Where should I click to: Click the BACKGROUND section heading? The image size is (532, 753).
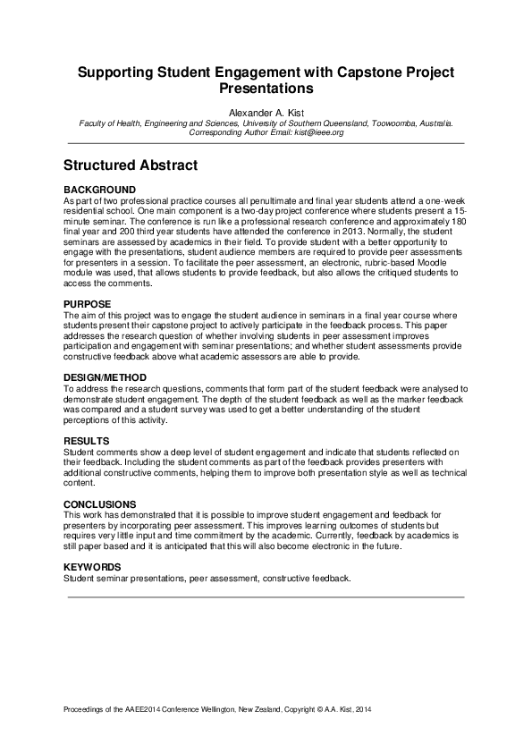tap(100, 190)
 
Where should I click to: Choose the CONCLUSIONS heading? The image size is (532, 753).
tap(100, 504)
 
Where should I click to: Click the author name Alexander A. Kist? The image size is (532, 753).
tap(266, 113)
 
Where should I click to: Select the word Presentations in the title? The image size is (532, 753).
tap(266, 89)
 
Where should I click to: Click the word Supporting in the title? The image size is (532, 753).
tap(122, 72)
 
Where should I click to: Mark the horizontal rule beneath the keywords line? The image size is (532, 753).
tap(266, 596)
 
